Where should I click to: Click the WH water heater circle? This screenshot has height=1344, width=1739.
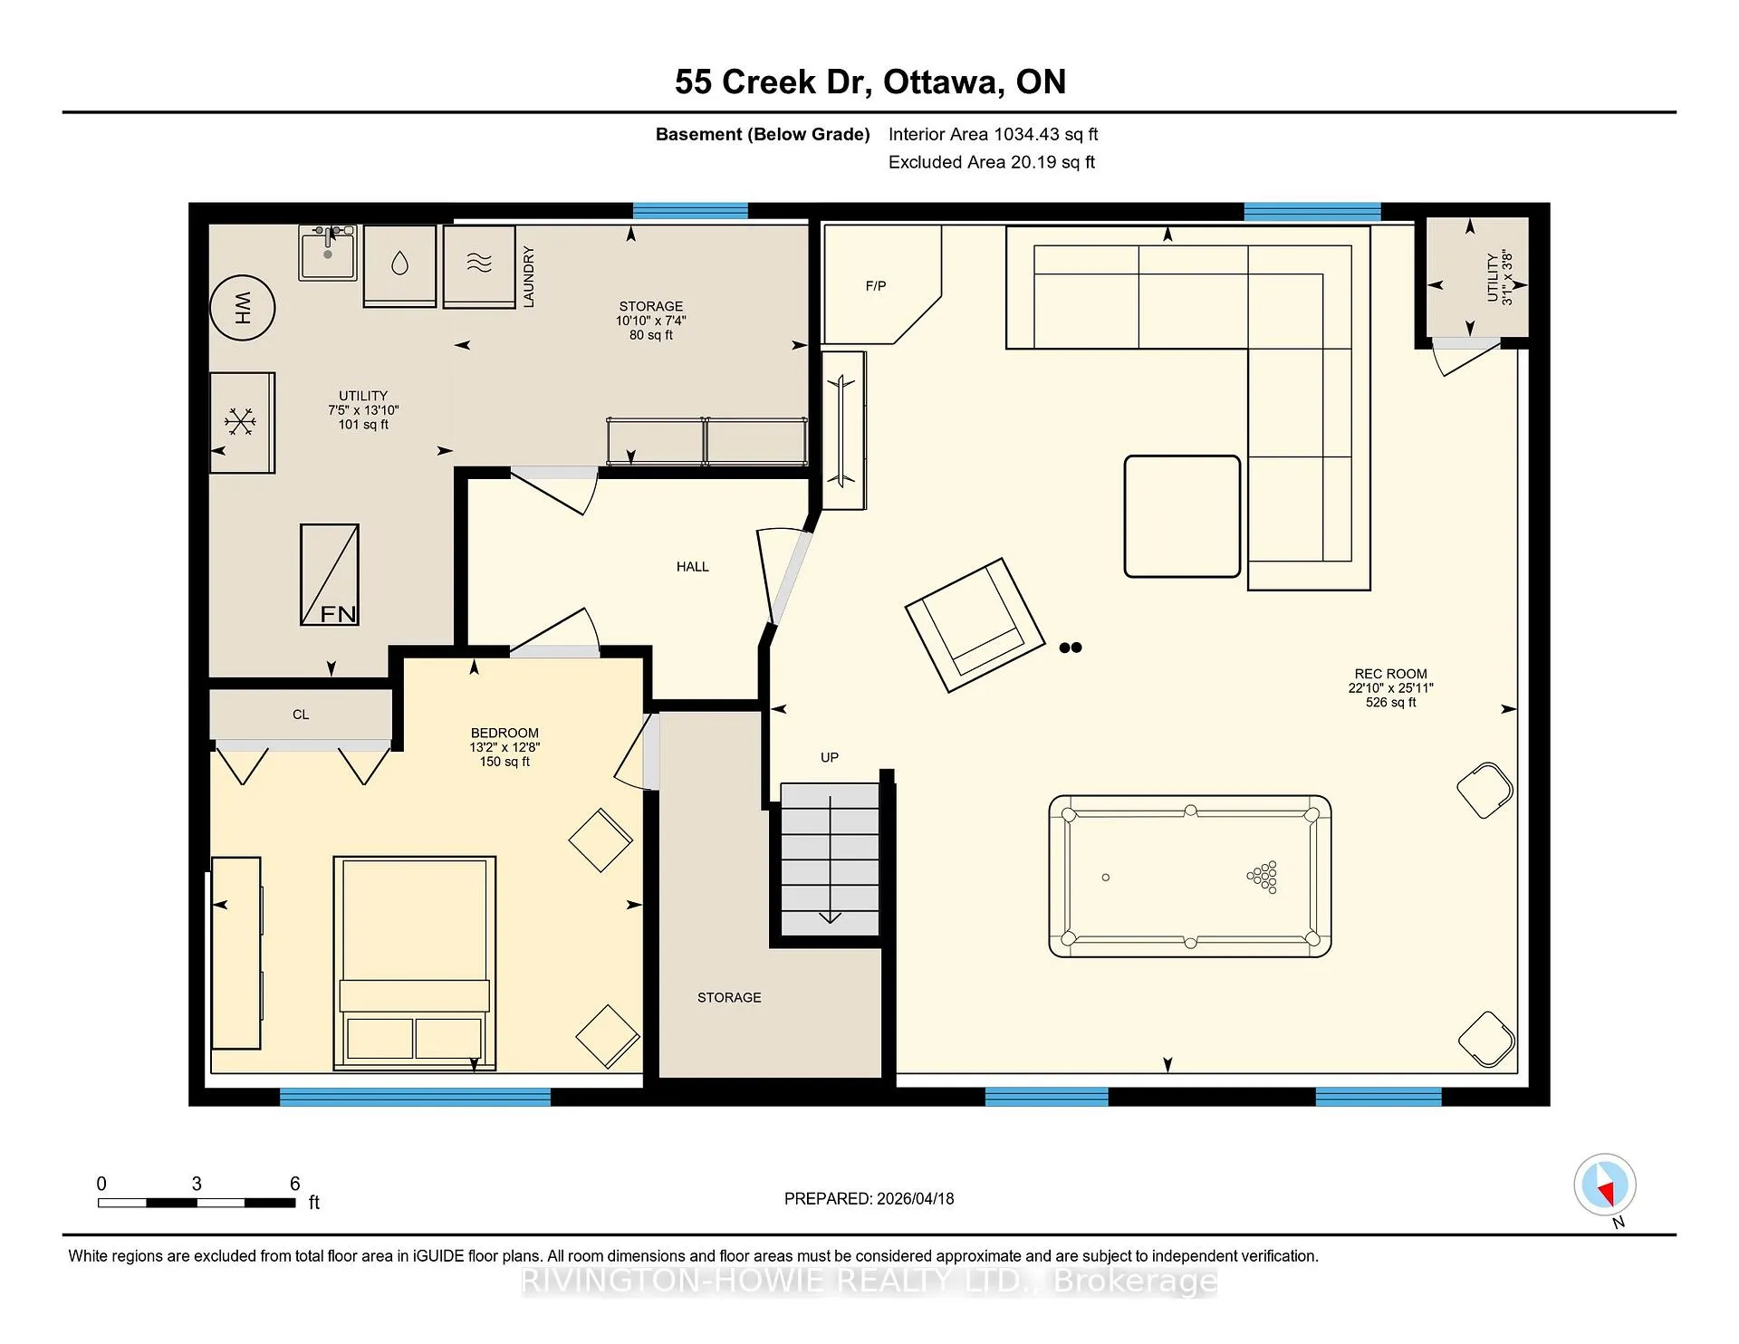(243, 307)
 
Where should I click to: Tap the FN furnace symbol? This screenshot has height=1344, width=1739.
(330, 575)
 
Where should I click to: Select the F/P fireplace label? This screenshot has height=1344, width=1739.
(876, 286)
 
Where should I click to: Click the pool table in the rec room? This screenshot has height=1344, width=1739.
(1190, 877)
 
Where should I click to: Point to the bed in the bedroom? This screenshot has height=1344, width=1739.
(415, 963)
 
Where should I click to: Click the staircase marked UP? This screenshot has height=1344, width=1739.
(830, 859)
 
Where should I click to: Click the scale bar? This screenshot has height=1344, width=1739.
(197, 1203)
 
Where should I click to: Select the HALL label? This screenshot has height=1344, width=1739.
(693, 567)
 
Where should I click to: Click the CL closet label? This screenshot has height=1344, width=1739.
(301, 715)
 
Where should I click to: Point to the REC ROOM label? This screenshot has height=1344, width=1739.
(1390, 674)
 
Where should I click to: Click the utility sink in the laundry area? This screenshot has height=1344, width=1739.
(328, 253)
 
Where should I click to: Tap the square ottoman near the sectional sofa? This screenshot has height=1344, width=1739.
(1182, 516)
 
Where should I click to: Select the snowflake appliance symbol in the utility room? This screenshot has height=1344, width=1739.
(242, 422)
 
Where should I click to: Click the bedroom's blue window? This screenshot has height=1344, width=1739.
(415, 1097)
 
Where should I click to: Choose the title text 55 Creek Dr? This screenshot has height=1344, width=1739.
(773, 82)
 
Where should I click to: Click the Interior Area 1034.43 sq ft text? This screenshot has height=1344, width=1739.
(993, 134)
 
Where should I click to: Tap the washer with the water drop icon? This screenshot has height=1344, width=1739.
(399, 266)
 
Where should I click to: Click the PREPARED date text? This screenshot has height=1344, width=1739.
(869, 1198)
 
